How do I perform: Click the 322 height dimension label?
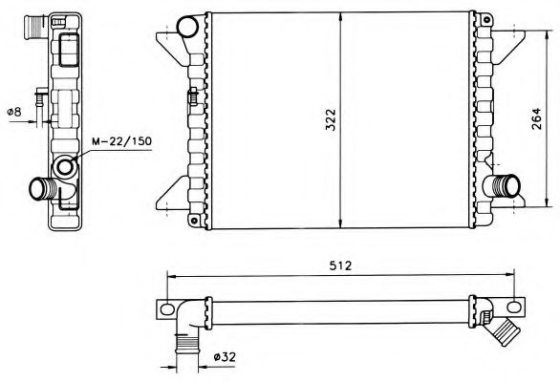[332, 119]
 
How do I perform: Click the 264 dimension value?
[536, 118]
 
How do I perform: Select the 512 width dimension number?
[340, 265]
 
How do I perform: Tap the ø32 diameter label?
[225, 356]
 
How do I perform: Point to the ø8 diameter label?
[14, 112]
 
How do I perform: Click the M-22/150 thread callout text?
[121, 141]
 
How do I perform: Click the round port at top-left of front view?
[188, 27]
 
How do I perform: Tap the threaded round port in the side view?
[65, 167]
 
